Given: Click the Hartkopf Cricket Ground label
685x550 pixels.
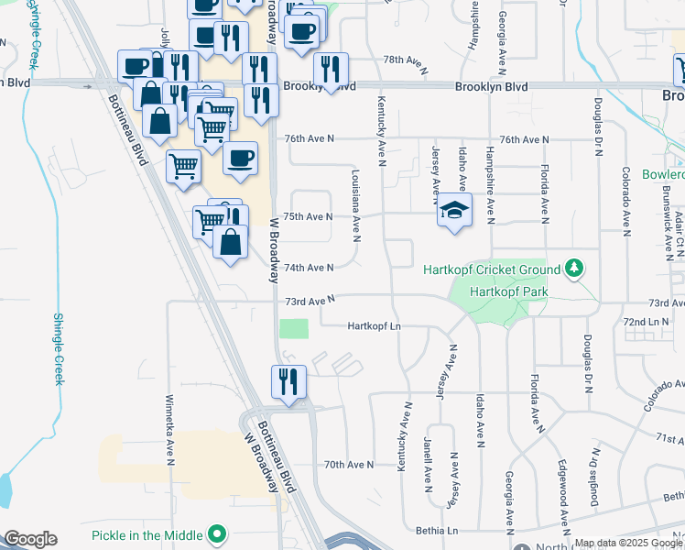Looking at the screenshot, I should coord(491,269).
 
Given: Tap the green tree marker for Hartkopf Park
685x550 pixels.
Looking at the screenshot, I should coord(574,268).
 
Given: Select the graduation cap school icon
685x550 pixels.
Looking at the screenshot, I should coord(454,211).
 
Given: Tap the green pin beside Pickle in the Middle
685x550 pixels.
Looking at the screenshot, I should coord(217,533).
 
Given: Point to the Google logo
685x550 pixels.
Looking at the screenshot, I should coord(31,539).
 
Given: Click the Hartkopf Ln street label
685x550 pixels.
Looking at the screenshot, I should coord(375,326).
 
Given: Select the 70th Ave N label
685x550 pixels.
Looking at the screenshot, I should coord(349,465).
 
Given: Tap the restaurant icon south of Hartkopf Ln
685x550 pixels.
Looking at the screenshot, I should coord(288,382).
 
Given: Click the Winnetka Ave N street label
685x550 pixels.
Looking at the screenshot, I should coord(169,429).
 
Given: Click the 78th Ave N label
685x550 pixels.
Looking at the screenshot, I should coord(406,60).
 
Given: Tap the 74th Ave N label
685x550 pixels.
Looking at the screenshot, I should coord(309,268).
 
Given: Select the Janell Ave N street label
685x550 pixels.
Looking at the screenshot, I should coord(428,462).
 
